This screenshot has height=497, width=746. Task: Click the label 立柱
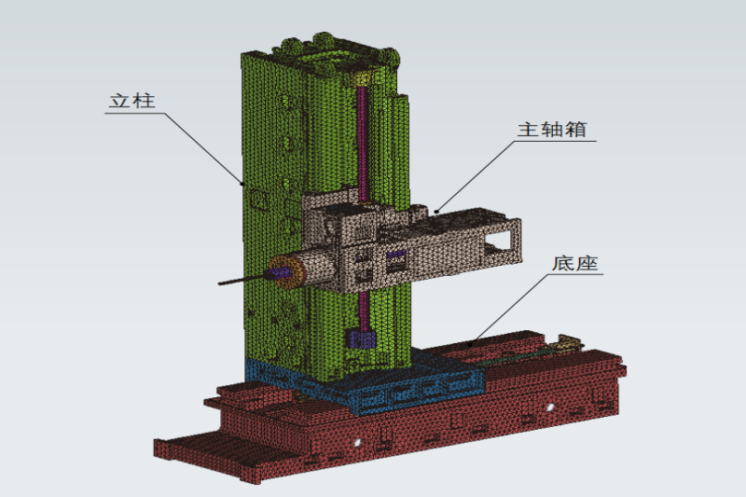[132, 101]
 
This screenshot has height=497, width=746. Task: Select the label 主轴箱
[552, 130]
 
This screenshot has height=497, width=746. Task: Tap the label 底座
[574, 263]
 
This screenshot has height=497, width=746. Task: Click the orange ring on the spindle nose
[287, 271]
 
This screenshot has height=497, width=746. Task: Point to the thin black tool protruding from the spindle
[242, 279]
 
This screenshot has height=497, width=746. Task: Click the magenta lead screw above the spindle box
[362, 143]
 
